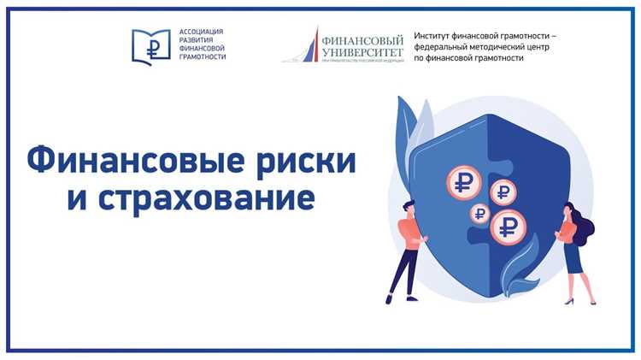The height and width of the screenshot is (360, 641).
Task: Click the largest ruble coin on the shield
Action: point(509,226)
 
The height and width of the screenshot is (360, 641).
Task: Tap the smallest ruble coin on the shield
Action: point(479,213)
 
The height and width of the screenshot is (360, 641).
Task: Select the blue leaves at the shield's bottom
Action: point(516,273)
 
